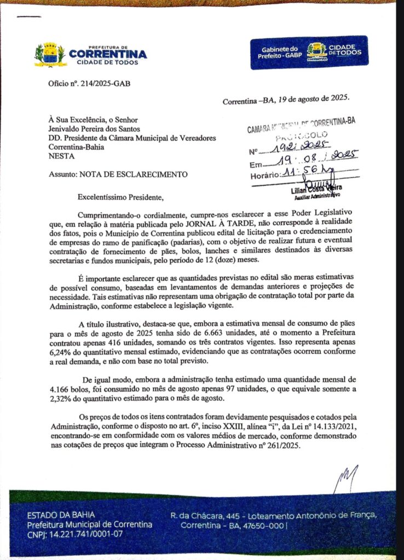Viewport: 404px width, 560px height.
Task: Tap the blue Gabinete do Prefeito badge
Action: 309,52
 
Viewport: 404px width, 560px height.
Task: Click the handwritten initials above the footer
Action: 347,477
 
